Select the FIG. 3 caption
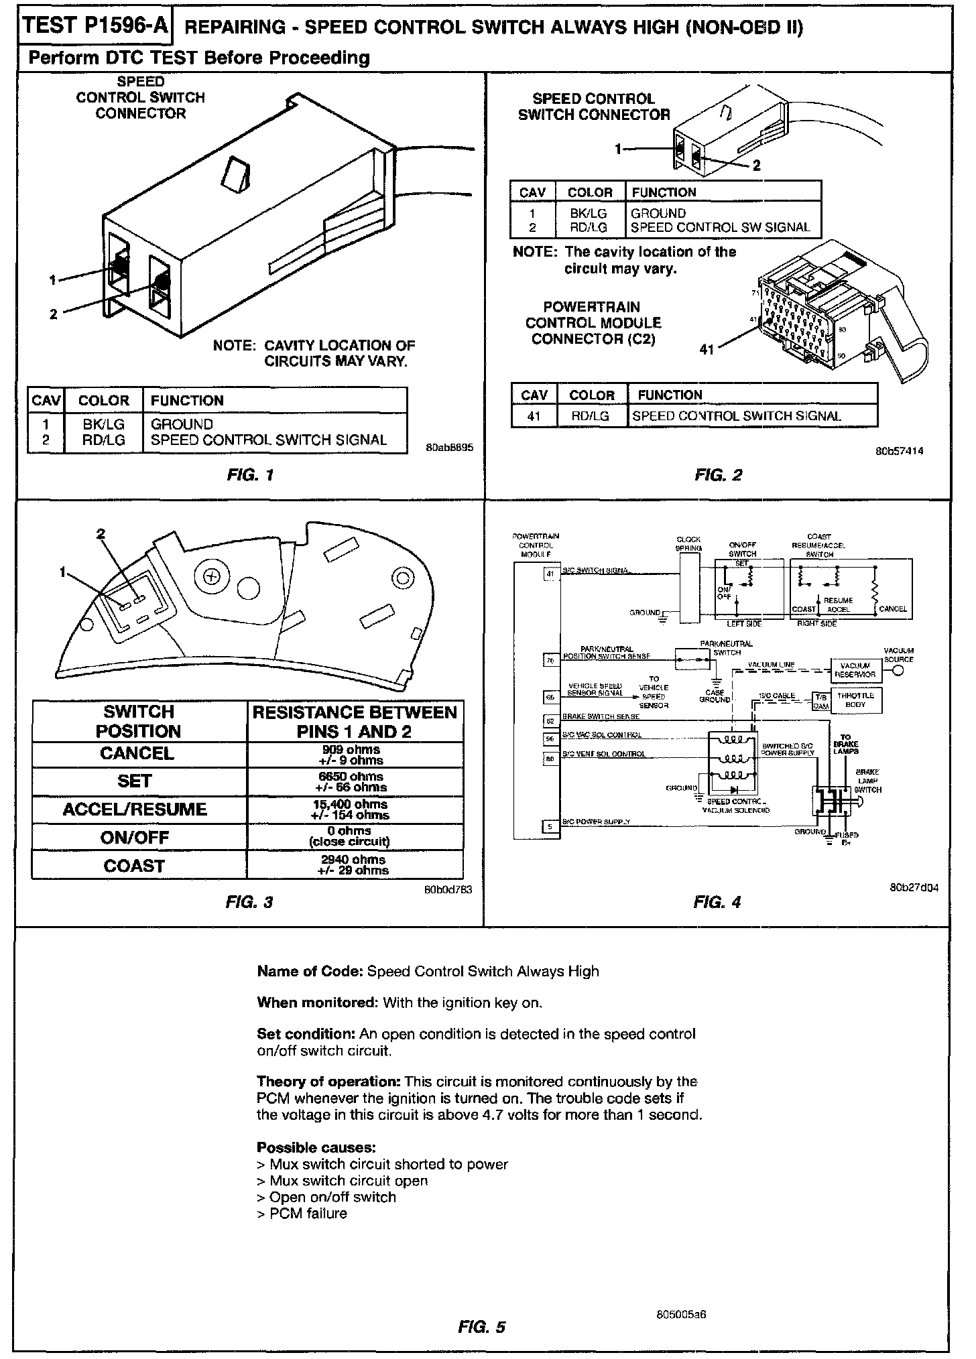[x=249, y=902]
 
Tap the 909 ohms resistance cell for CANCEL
[x=355, y=755]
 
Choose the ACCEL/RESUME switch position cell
[x=135, y=810]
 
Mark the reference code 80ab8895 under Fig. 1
[x=449, y=448]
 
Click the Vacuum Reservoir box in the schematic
[x=855, y=670]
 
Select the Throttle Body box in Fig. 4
[x=855, y=700]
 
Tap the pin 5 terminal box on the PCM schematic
[x=550, y=827]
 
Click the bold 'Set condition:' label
[x=306, y=1034]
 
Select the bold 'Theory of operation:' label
[x=328, y=1082]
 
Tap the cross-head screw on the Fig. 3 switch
[x=212, y=576]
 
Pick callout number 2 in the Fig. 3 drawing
[x=101, y=534]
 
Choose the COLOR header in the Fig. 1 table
[x=103, y=401]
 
